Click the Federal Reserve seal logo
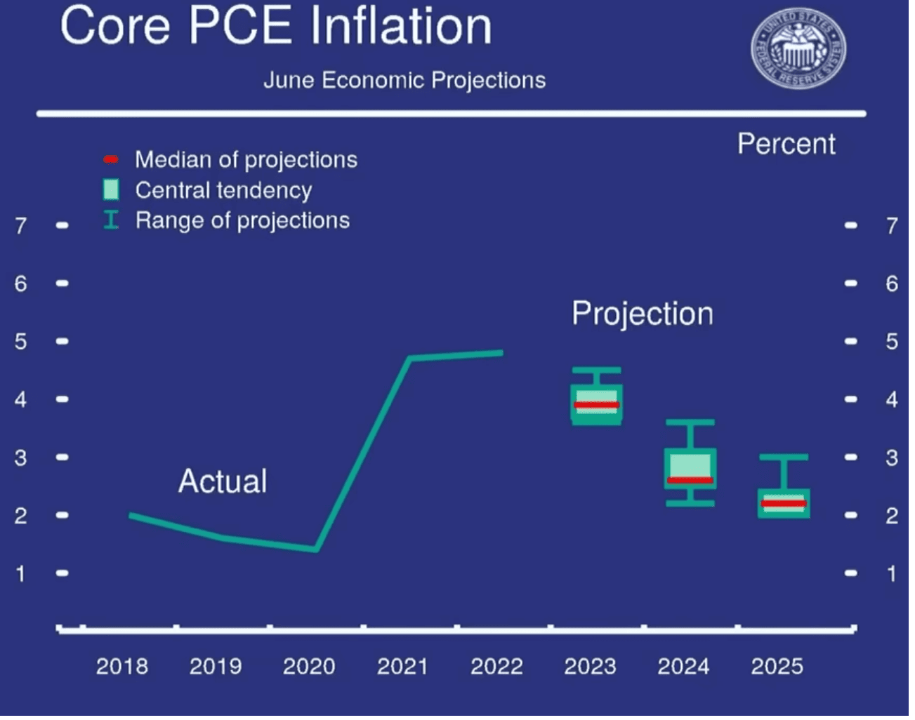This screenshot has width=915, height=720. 798,50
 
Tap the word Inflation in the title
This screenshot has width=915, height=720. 401,27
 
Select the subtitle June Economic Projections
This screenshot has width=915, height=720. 404,80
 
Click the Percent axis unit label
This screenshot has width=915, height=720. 786,144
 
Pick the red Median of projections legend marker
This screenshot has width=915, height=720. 111,159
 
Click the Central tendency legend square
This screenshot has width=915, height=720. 111,189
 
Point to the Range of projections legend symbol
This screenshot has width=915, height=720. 111,220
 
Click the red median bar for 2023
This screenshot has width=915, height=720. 596,405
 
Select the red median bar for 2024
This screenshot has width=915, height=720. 690,480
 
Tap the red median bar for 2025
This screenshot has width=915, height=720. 784,503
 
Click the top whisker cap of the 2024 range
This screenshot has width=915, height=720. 690,422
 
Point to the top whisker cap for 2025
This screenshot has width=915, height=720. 784,457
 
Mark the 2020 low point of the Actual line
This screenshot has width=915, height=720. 316,549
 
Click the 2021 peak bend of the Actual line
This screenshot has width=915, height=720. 410,358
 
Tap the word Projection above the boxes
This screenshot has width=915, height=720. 642,314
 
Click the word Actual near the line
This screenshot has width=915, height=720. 223,481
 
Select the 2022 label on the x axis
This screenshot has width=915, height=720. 496,666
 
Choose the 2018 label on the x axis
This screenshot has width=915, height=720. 122,666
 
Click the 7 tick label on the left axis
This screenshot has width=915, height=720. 21,225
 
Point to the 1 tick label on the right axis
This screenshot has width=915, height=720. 892,573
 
